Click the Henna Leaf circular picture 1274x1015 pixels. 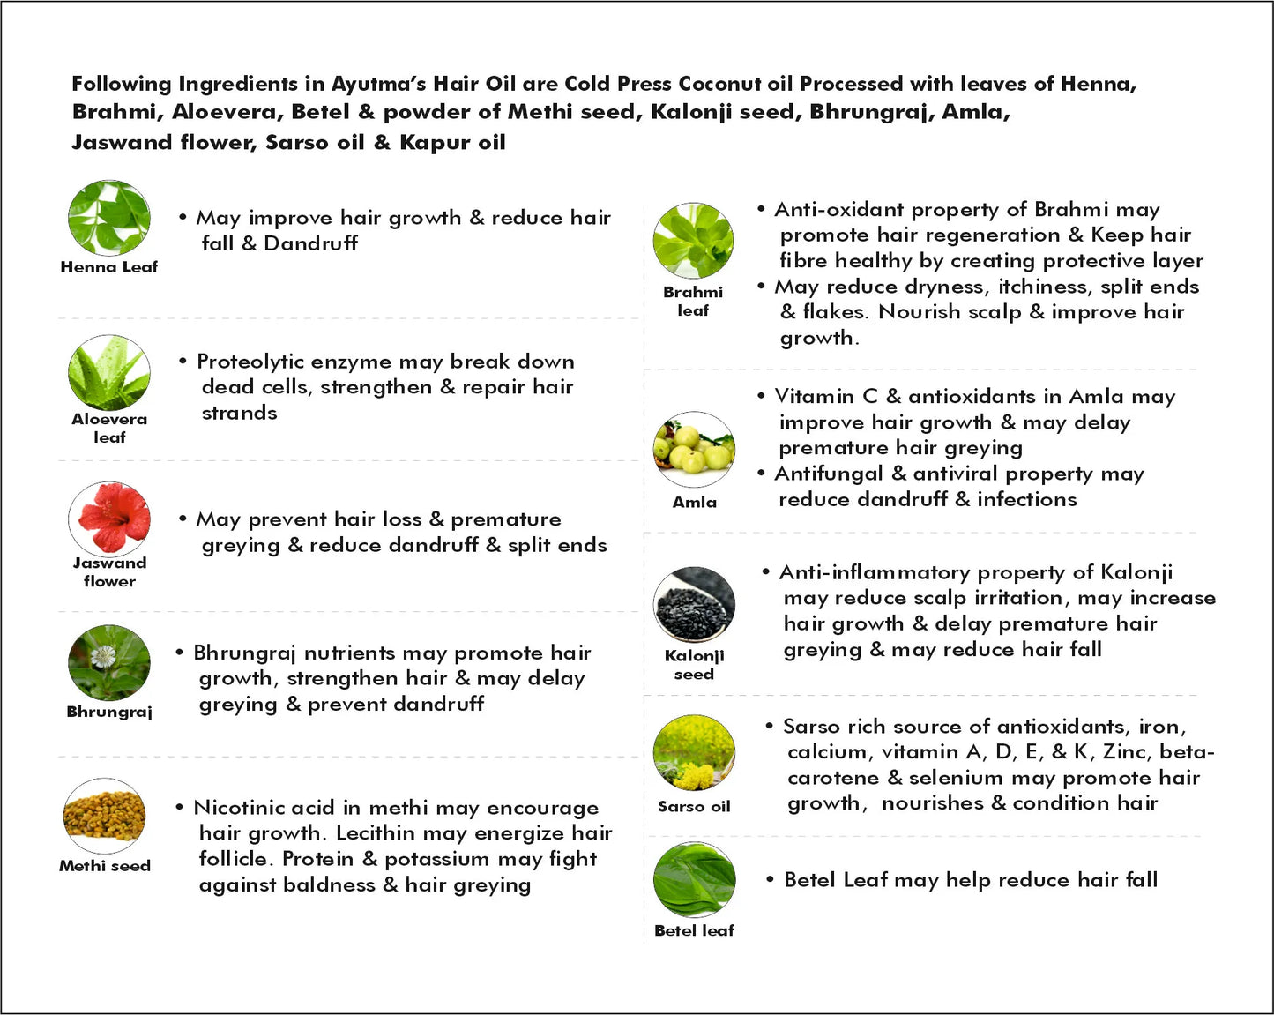tap(109, 219)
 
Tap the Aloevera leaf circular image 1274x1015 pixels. tap(109, 373)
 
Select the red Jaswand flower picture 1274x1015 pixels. tap(109, 519)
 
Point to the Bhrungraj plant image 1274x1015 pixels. tap(109, 663)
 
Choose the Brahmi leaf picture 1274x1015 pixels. tap(694, 241)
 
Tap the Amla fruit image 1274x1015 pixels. tap(694, 449)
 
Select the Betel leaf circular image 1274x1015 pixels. tap(694, 880)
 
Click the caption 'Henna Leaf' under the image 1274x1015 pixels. tap(109, 267)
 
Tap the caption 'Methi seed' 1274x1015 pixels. tap(105, 866)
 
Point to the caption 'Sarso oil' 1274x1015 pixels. tap(694, 806)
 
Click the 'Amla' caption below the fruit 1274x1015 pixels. tap(695, 502)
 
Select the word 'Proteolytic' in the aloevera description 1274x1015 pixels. tap(250, 362)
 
